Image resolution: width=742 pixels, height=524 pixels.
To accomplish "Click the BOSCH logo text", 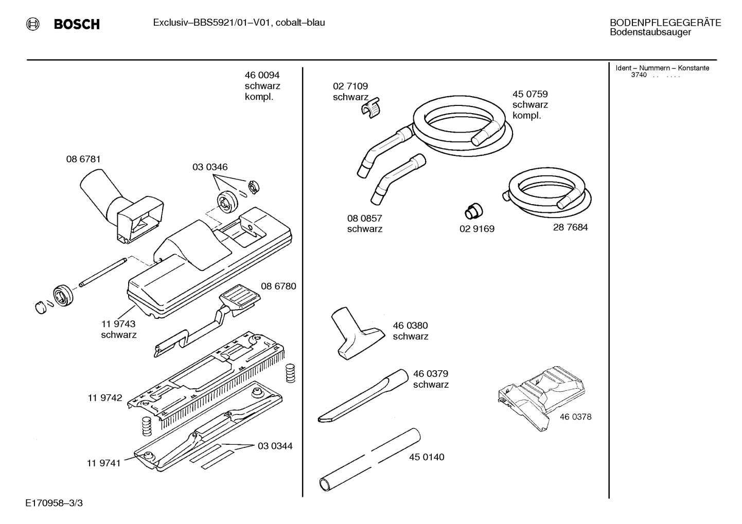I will pyautogui.click(x=76, y=24).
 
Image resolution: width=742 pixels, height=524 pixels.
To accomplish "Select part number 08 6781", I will pyautogui.click(x=83, y=159).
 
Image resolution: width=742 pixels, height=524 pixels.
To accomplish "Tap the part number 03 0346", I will pyautogui.click(x=210, y=167).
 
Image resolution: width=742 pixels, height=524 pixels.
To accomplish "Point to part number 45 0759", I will pyautogui.click(x=529, y=94).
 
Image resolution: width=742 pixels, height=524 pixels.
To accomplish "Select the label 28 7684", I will pyautogui.click(x=570, y=227).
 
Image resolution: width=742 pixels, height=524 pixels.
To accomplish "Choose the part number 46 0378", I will pyautogui.click(x=575, y=417).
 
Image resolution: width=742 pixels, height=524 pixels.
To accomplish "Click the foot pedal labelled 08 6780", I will pyautogui.click(x=238, y=298).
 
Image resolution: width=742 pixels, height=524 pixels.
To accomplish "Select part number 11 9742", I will pyautogui.click(x=105, y=397).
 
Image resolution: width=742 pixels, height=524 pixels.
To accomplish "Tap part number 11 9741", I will pyautogui.click(x=103, y=463).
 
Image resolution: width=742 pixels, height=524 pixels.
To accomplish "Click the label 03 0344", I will pyautogui.click(x=275, y=446).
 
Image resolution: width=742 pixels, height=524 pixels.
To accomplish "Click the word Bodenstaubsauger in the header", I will pyautogui.click(x=650, y=32).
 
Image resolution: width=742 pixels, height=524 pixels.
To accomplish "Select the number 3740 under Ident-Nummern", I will pyautogui.click(x=639, y=75).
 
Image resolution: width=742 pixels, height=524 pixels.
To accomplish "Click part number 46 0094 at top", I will pyautogui.click(x=262, y=75).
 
